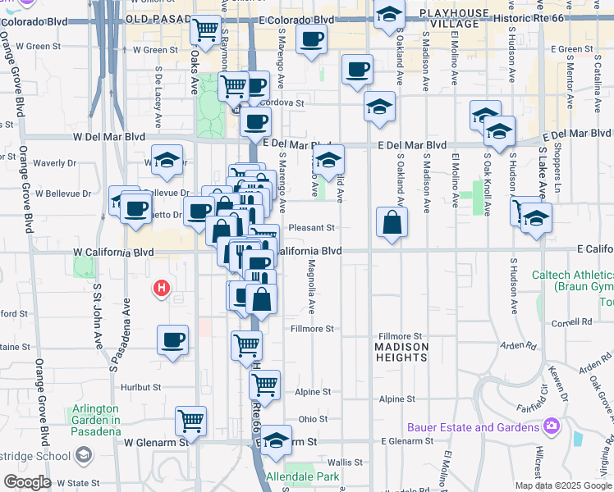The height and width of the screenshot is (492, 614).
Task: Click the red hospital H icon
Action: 162,288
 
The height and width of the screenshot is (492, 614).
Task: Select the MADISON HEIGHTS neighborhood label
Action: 401,353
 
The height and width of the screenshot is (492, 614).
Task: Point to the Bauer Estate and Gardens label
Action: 473,427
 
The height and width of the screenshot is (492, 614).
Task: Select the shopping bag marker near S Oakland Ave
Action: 393,222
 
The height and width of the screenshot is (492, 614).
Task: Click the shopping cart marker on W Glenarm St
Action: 191,421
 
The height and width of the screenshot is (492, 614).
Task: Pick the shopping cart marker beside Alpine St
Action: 264,384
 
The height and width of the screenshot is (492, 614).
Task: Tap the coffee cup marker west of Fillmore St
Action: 172,339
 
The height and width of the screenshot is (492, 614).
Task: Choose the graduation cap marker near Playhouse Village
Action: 389,16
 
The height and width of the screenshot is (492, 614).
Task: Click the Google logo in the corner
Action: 26,481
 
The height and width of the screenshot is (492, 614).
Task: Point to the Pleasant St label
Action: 312,227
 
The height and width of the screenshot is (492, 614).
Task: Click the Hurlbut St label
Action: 140,386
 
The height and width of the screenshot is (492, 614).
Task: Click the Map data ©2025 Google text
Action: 563,485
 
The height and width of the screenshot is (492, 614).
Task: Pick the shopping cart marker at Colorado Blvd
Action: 206,31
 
